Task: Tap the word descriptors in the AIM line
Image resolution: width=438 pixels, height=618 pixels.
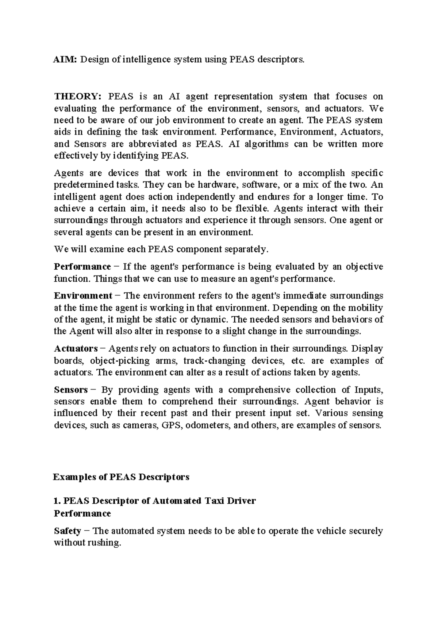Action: pyautogui.click(x=280, y=59)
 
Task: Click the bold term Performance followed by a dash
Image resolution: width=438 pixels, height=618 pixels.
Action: pyautogui.click(x=82, y=267)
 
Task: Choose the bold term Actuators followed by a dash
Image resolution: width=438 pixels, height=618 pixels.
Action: pyautogui.click(x=76, y=349)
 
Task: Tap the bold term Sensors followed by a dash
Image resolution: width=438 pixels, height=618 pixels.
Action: pyautogui.click(x=71, y=390)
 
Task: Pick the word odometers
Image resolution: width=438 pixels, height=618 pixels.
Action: pyautogui.click(x=208, y=425)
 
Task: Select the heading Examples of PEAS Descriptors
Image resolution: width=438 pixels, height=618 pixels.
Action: pyautogui.click(x=121, y=477)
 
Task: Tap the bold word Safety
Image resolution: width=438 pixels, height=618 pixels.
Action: pyautogui.click(x=68, y=531)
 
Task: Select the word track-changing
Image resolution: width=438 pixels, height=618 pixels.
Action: pyautogui.click(x=214, y=361)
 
